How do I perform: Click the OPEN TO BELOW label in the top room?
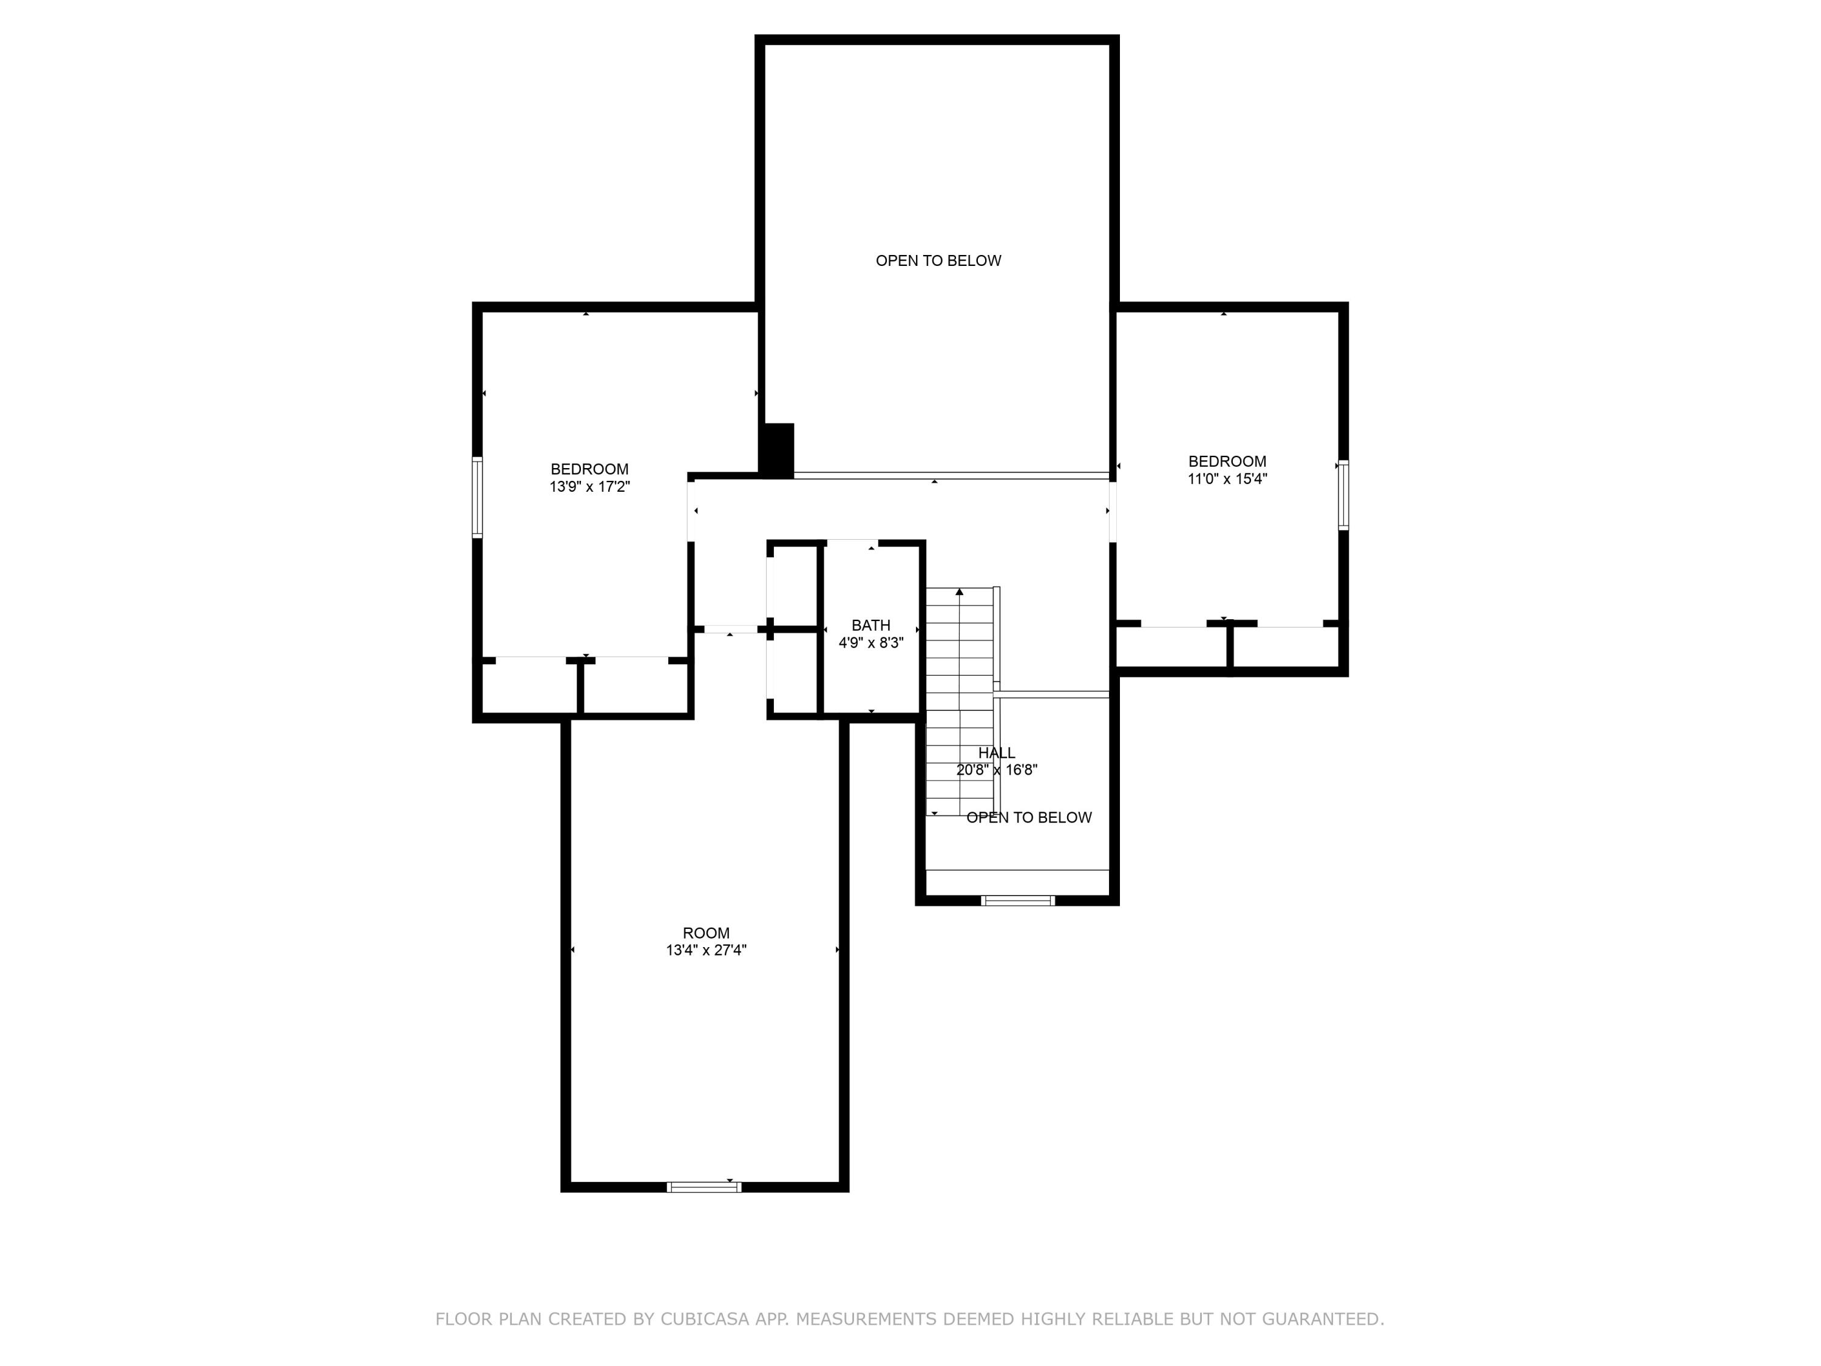pyautogui.click(x=938, y=261)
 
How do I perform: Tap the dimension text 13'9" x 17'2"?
pyautogui.click(x=589, y=488)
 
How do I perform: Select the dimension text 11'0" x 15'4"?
pyautogui.click(x=1227, y=479)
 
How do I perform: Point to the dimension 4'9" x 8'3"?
pyautogui.click(x=870, y=643)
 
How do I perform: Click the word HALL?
pyautogui.click(x=996, y=753)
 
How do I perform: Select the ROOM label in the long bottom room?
pyautogui.click(x=705, y=933)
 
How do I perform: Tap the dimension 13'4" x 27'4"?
pyautogui.click(x=705, y=950)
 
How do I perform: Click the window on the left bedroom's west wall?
pyautogui.click(x=476, y=497)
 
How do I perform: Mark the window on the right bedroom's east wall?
pyautogui.click(x=1343, y=494)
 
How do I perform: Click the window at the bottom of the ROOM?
pyautogui.click(x=704, y=1186)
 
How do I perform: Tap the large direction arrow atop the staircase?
pyautogui.click(x=959, y=591)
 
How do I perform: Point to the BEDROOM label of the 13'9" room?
pyautogui.click(x=589, y=469)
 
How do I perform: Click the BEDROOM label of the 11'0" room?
pyautogui.click(x=1227, y=461)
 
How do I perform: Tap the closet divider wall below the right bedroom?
pyautogui.click(x=1230, y=647)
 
